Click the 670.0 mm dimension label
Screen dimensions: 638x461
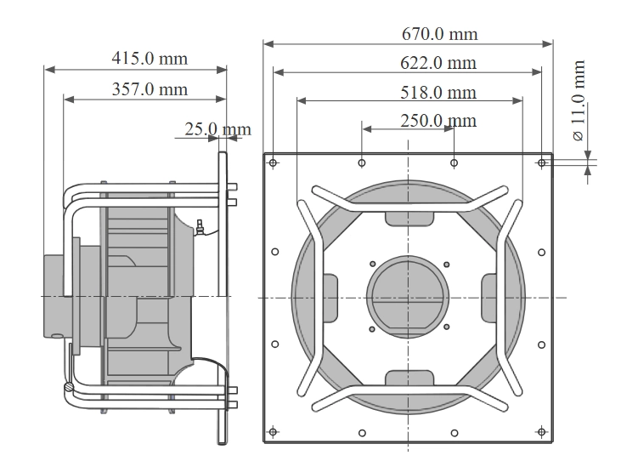click(439, 34)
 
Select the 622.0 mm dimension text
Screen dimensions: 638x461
click(438, 63)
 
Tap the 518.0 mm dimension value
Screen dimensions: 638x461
click(438, 93)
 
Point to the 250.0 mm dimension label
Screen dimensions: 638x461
click(438, 121)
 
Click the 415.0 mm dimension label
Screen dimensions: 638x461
click(150, 58)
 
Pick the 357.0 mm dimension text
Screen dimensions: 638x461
click(150, 89)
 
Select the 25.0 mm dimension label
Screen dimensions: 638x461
click(217, 129)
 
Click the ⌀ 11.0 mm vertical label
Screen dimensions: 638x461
click(579, 100)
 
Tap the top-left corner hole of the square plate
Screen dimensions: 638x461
click(273, 163)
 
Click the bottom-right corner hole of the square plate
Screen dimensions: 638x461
click(541, 432)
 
